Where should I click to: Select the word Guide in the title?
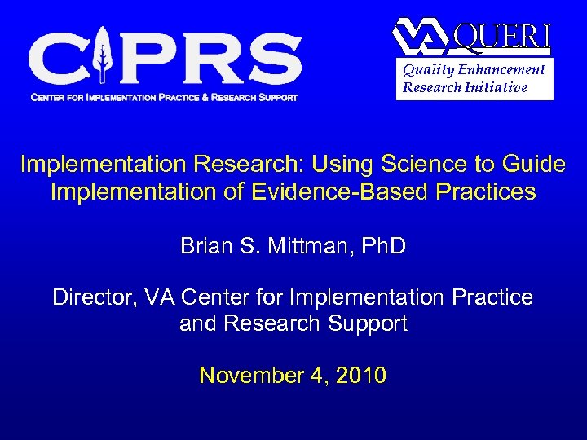[x=536, y=164]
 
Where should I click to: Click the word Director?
[x=88, y=297]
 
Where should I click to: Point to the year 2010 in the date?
[x=360, y=376]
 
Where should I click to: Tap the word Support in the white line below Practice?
[x=367, y=323]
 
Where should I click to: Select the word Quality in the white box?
[x=426, y=70]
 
